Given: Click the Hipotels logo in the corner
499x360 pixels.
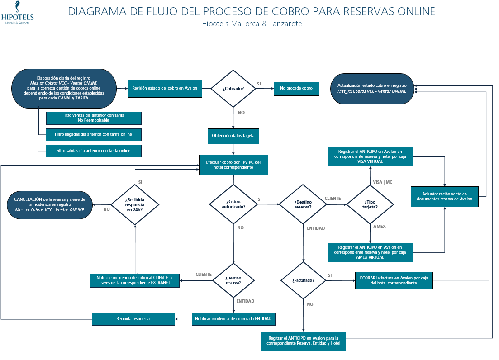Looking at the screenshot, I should pos(17,14).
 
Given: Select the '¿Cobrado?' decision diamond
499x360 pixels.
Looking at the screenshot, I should pos(233,88).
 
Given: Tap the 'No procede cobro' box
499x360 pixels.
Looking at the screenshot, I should pos(297,88).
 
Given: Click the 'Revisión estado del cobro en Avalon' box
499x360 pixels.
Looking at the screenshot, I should pos(165,88).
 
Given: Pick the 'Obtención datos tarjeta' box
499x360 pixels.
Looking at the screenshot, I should pos(233,135).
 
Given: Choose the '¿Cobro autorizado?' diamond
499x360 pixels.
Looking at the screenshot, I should pos(233,204).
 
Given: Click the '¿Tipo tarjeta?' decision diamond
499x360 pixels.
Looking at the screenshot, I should pos(370,204).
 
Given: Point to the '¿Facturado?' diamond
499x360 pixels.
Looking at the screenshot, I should pos(303,280).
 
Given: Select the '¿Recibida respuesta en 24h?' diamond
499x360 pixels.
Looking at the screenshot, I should pos(135,204).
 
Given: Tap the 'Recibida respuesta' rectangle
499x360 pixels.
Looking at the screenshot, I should pos(133,319).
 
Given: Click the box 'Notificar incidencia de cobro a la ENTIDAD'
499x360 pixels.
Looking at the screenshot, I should pos(233,319).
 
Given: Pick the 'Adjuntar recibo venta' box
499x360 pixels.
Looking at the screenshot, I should pos(445,196).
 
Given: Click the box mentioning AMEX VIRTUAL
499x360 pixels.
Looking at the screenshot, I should pos(370,252).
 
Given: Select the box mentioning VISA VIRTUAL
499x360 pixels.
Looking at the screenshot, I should pos(370,156).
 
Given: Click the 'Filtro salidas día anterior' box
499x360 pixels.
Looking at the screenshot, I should pos(94,151).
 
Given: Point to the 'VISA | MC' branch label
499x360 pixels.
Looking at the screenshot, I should pos(382,182).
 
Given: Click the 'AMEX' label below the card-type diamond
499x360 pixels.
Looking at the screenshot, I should pos(379,226).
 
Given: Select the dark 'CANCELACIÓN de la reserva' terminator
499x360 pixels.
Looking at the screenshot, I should pos(50,204).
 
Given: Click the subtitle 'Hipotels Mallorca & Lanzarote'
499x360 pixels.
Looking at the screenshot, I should pos(252,24).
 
